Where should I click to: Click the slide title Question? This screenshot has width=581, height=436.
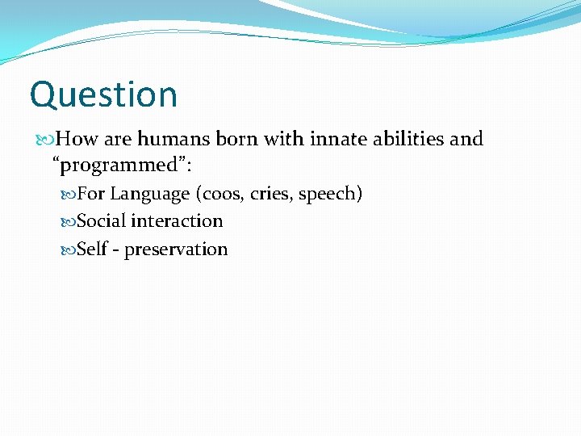[103, 95]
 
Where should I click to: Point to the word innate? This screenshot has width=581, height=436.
[332, 140]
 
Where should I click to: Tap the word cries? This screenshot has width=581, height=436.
[271, 195]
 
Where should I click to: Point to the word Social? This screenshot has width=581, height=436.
[101, 221]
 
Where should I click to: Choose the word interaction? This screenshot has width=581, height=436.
[177, 221]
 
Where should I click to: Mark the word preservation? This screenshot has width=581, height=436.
[176, 249]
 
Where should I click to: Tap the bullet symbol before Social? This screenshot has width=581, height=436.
[69, 221]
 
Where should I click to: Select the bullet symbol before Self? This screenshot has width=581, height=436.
[69, 249]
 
